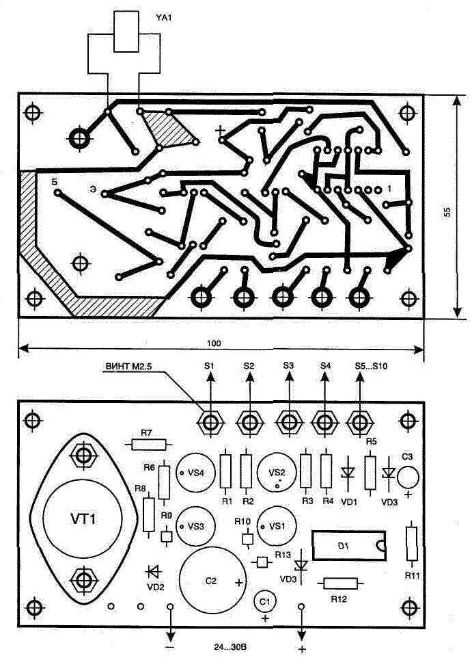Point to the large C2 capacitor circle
tap(212, 580)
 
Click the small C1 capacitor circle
tap(265, 602)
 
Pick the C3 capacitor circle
tap(408, 476)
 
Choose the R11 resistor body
tap(411, 543)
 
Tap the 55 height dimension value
tap(447, 213)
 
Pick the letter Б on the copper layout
tap(54, 183)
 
